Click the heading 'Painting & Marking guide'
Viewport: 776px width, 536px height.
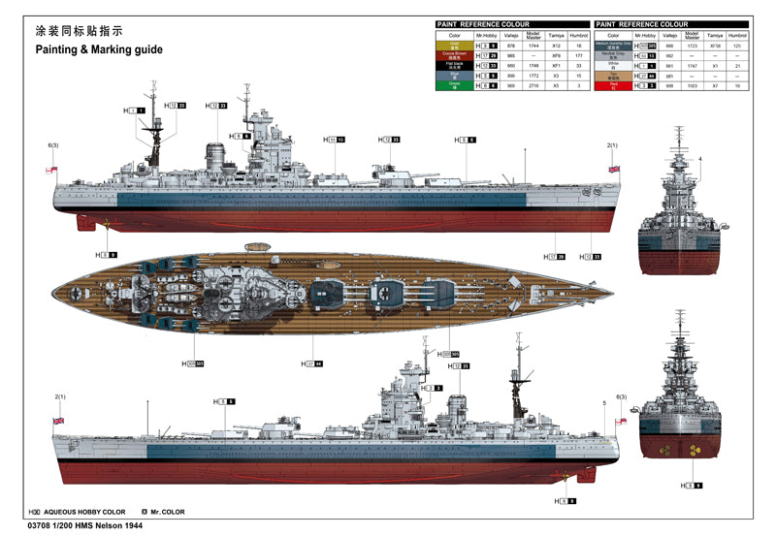pyautogui.click(x=100, y=49)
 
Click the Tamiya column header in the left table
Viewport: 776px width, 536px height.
pyautogui.click(x=557, y=34)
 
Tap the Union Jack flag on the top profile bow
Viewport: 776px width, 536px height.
pyautogui.click(x=612, y=169)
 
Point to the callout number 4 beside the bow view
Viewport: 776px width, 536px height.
pyautogui.click(x=699, y=158)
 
